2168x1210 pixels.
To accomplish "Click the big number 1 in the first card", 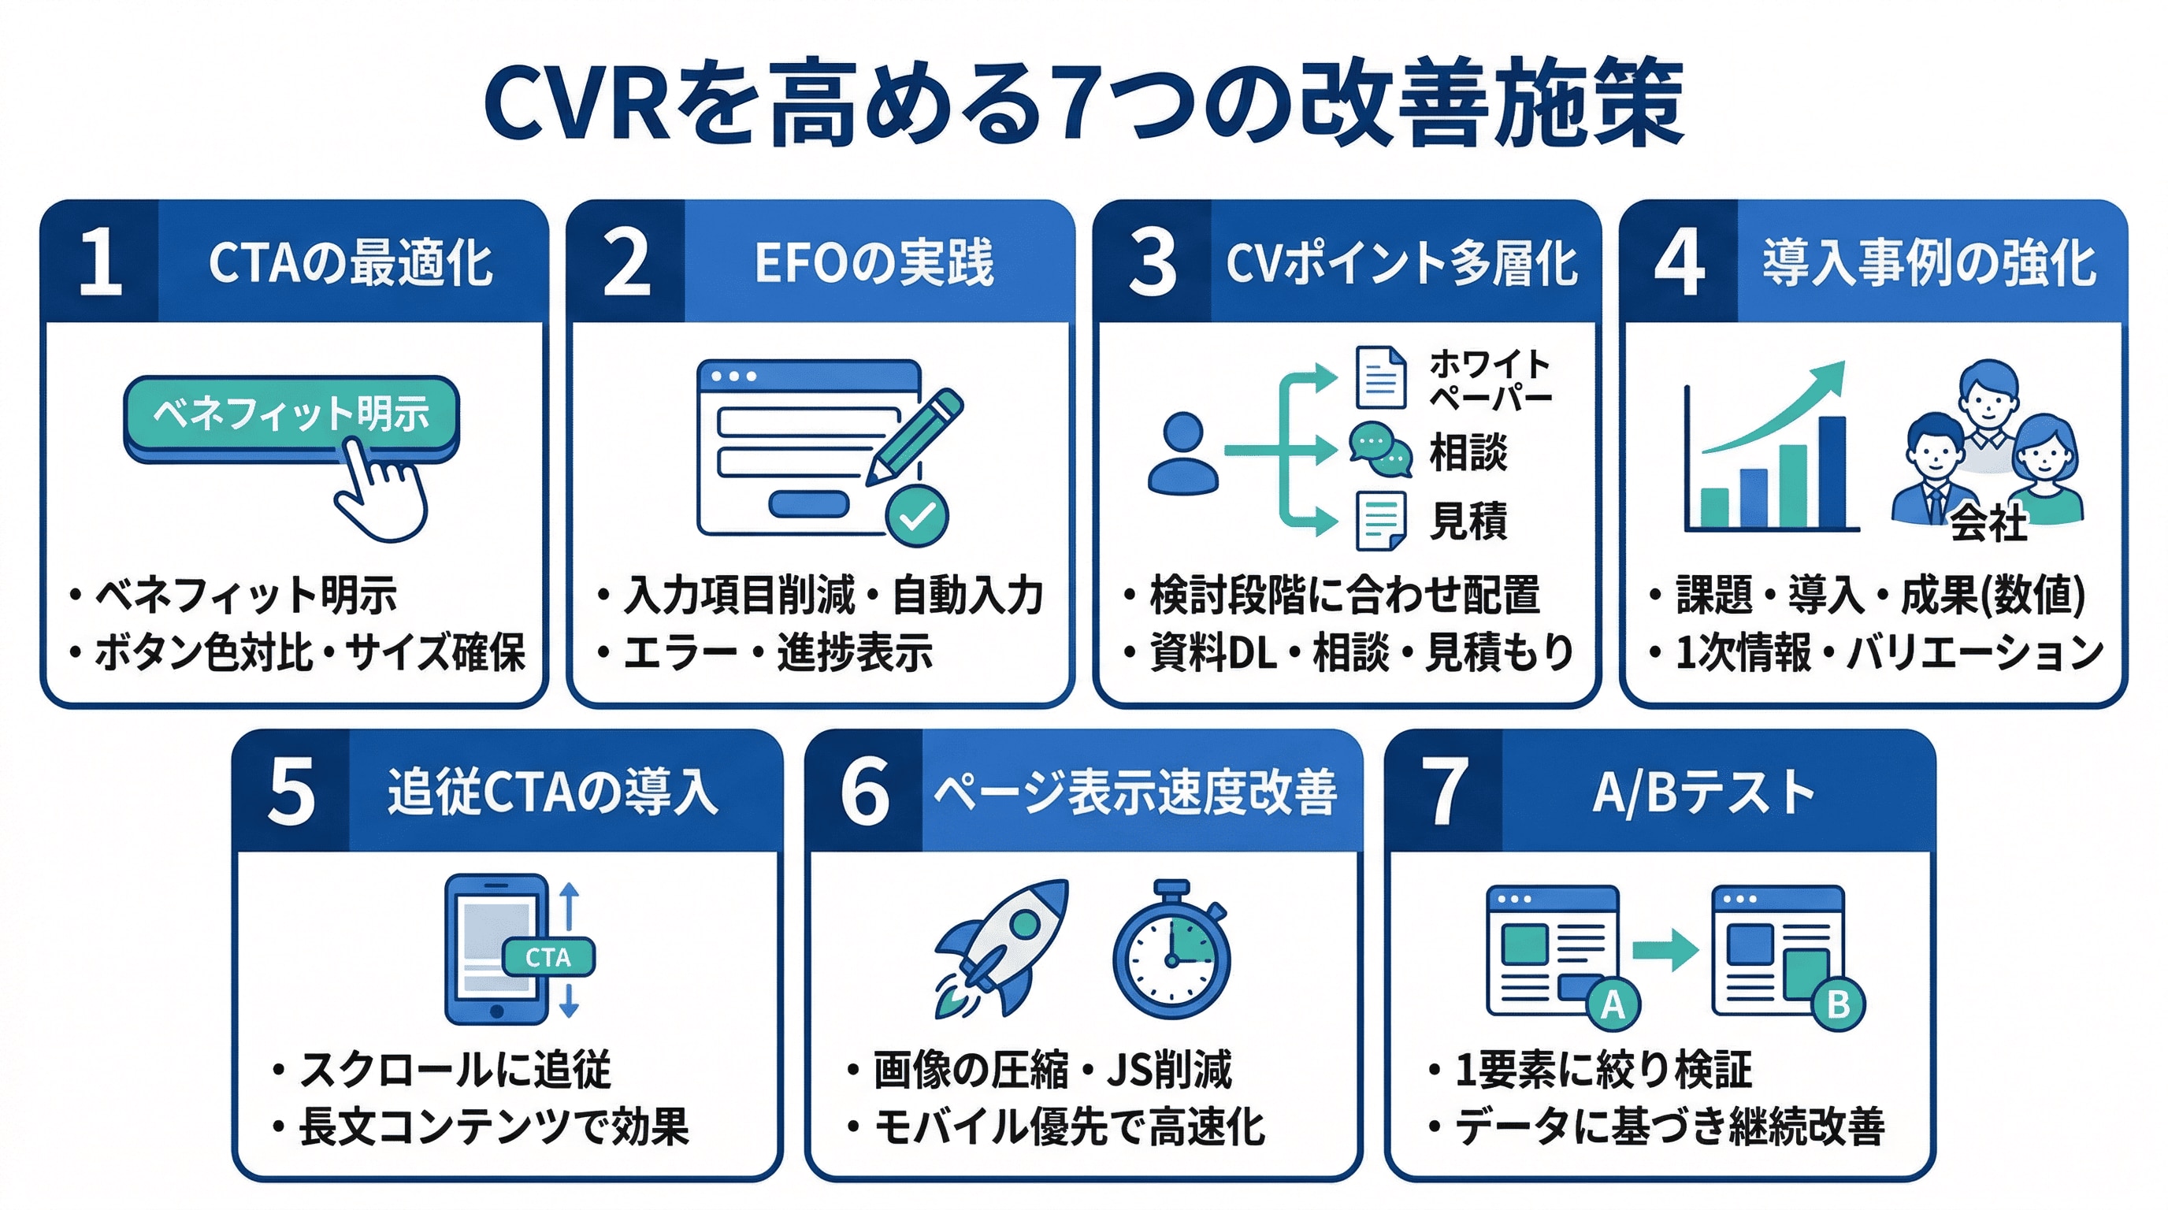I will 101,262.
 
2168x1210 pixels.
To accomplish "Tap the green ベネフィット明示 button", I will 291,414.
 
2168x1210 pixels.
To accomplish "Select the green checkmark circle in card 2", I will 916,516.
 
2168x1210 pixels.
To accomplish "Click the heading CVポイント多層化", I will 1401,263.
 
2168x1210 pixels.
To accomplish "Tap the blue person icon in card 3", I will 1182,455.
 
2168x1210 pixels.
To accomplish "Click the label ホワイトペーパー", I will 1490,380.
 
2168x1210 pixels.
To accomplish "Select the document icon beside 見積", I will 1380,520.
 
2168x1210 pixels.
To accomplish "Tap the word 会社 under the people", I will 1988,523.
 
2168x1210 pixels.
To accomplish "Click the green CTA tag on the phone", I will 548,956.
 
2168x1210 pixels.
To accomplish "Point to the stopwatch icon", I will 1171,952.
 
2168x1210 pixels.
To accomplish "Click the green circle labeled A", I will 1613,1004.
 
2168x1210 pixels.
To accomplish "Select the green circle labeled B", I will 1838,1004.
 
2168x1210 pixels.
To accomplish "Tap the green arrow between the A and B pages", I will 1665,950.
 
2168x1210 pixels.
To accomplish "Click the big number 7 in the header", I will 1444,791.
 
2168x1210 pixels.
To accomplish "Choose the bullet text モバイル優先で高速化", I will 1069,1127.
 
